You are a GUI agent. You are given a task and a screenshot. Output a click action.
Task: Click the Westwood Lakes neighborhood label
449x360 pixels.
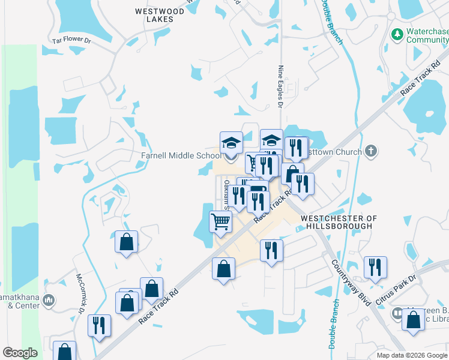155,15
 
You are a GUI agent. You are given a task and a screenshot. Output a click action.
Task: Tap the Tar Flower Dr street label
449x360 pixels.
71,41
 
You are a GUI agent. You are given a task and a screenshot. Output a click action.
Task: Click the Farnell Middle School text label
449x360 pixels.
181,156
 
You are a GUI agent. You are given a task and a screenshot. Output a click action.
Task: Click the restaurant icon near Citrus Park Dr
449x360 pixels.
375,267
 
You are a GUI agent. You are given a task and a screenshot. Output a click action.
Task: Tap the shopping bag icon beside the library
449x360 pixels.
414,321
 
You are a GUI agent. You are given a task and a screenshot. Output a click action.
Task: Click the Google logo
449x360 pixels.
20,353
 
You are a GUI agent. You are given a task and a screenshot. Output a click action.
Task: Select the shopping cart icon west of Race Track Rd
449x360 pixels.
220,221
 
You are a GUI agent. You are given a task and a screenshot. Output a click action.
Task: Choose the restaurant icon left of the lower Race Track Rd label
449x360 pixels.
98,325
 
